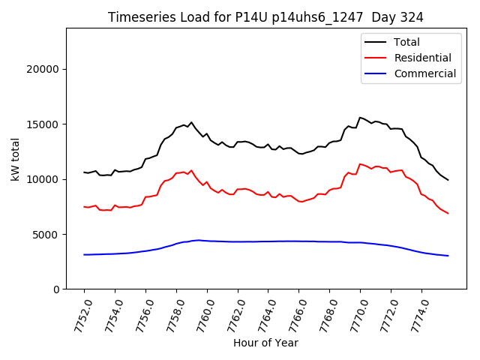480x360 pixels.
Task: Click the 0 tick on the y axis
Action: coord(57,289)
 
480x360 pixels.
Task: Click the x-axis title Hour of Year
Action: coord(265,343)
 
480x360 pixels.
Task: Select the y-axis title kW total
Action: coord(16,159)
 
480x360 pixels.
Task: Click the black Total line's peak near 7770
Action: coord(360,117)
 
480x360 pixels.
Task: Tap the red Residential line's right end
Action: coord(448,213)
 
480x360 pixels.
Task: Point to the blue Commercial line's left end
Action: coord(84,255)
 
